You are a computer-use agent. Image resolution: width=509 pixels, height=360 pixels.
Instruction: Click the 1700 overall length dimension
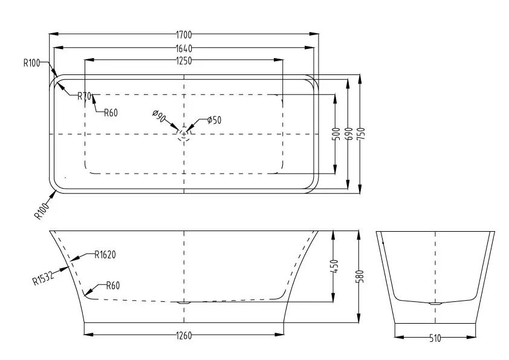click(x=184, y=34)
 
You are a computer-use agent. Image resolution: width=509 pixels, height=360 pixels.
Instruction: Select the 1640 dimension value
click(x=184, y=49)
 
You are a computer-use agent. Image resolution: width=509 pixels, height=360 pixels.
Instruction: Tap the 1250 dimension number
click(x=184, y=61)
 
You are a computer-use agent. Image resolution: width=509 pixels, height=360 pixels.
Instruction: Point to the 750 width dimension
click(x=361, y=134)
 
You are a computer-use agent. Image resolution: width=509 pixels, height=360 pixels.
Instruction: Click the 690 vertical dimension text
click(x=349, y=134)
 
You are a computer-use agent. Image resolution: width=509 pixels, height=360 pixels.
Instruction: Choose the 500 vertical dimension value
click(x=337, y=134)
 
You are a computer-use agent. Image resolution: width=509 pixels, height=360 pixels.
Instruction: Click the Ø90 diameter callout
click(x=159, y=116)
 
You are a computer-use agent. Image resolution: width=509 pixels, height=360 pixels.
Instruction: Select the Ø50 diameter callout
click(x=214, y=120)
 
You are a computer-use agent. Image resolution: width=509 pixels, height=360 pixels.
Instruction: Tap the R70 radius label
click(x=85, y=96)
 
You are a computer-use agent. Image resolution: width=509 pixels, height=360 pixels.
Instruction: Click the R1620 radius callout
click(x=105, y=255)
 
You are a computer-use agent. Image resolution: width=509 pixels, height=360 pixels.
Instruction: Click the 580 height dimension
click(x=360, y=277)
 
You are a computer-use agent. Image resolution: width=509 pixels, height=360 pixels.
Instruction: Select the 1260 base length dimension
click(x=184, y=335)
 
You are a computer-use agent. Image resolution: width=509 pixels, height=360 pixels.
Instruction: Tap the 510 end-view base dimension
click(x=435, y=339)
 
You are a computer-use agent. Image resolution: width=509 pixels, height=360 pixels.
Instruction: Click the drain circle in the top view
click(x=184, y=134)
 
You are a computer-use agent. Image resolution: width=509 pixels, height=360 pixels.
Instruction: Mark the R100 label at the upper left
click(x=31, y=63)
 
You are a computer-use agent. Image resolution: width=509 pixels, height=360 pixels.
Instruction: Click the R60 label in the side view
click(x=113, y=286)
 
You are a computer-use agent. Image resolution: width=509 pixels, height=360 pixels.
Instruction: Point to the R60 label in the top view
click(x=111, y=113)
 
